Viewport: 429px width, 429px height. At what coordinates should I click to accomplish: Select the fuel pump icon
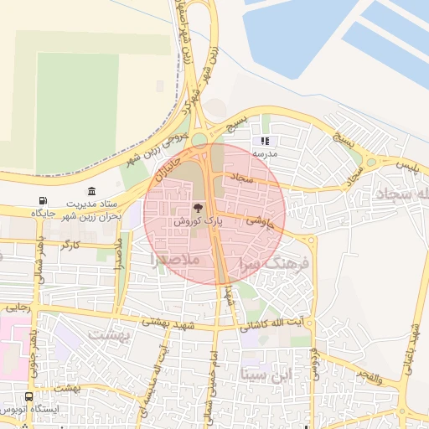point(43,200)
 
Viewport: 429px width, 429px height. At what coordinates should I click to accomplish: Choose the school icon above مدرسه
point(266,142)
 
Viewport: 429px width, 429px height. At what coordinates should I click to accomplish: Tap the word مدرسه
point(266,155)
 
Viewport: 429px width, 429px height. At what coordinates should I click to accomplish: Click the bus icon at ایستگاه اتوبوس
point(29,396)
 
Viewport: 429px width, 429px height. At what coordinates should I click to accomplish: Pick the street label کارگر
point(70,245)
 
